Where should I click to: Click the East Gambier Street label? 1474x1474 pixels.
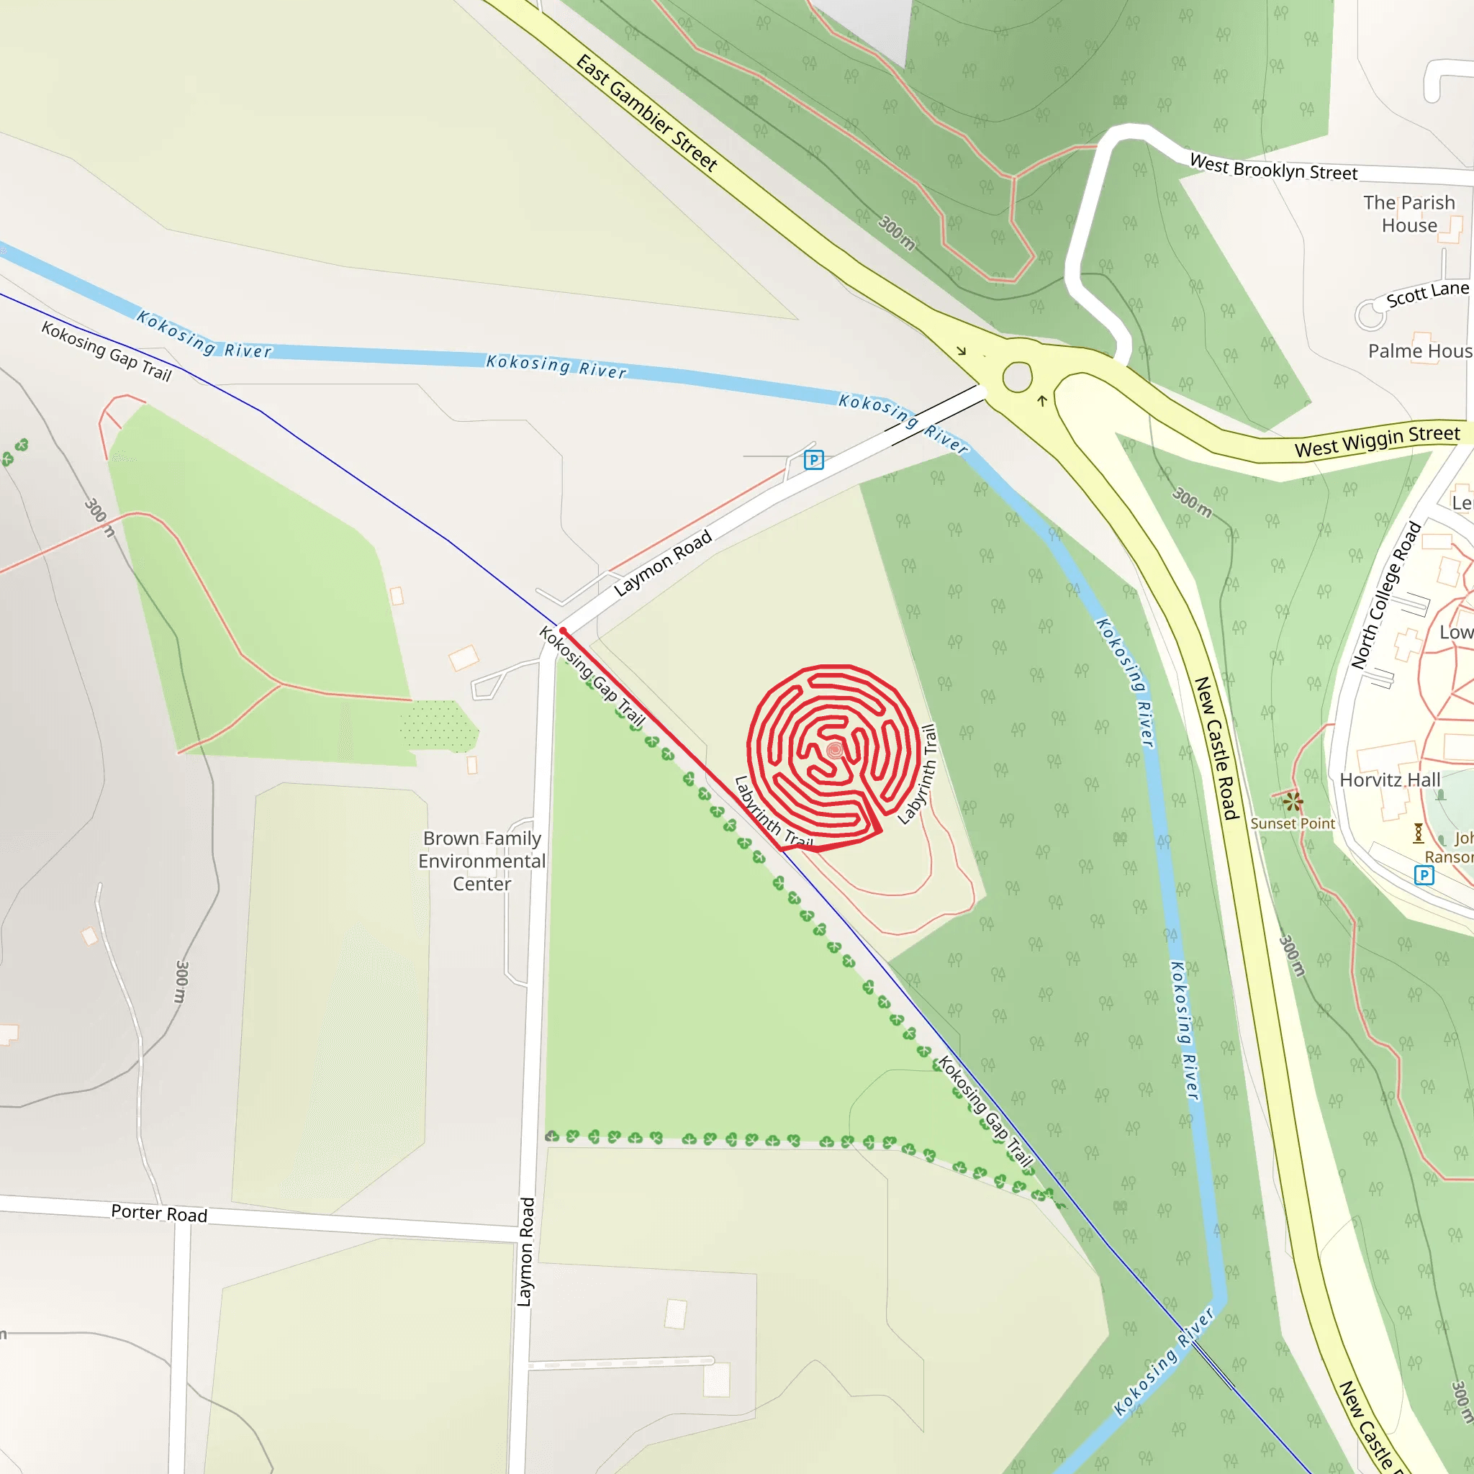(x=646, y=113)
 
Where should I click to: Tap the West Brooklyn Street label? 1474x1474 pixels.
(x=1273, y=168)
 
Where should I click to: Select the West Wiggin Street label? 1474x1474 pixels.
(x=1377, y=441)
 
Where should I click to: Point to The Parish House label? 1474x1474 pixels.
(x=1409, y=214)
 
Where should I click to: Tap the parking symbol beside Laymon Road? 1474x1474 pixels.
(x=814, y=460)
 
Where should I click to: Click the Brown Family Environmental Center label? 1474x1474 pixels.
(x=482, y=861)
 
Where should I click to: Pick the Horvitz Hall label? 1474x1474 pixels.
(x=1390, y=779)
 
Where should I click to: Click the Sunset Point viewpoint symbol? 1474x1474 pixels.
(x=1293, y=802)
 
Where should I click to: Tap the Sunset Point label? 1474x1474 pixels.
(x=1293, y=824)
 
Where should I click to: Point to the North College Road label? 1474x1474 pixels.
(x=1386, y=596)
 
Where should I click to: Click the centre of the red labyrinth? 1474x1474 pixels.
(x=835, y=750)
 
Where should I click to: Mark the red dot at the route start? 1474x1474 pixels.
(x=563, y=631)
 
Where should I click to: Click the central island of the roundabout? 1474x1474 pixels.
(x=1017, y=377)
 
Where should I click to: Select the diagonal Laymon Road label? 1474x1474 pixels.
(x=662, y=563)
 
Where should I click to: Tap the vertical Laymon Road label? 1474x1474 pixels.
(x=525, y=1251)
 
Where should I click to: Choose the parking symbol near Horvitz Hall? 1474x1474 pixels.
(x=1424, y=875)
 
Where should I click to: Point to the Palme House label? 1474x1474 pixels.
(x=1419, y=351)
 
